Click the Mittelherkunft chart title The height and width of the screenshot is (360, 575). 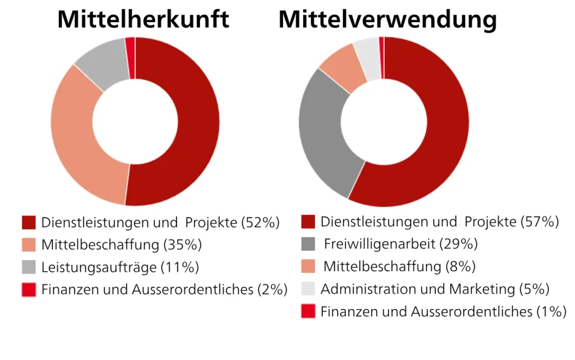pyautogui.click(x=143, y=19)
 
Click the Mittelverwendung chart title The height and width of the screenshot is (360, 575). pyautogui.click(x=387, y=20)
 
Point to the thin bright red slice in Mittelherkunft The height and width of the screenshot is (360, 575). pyautogui.click(x=131, y=58)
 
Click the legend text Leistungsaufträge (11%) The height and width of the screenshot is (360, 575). pyautogui.click(x=120, y=267)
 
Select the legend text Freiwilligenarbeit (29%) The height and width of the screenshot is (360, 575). pyautogui.click(x=401, y=244)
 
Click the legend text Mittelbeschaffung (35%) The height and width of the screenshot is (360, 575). pyautogui.click(x=122, y=245)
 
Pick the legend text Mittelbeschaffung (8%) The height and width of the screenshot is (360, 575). pyautogui.click(x=399, y=267)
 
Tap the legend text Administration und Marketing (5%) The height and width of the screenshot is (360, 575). pyautogui.click(x=435, y=289)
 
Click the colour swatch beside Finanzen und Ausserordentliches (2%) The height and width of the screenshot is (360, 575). pyautogui.click(x=29, y=289)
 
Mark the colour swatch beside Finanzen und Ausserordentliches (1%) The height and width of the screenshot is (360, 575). pyautogui.click(x=308, y=311)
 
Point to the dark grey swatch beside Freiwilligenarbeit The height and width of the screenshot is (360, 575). pyautogui.click(x=308, y=244)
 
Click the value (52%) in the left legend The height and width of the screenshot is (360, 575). pyautogui.click(x=260, y=223)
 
